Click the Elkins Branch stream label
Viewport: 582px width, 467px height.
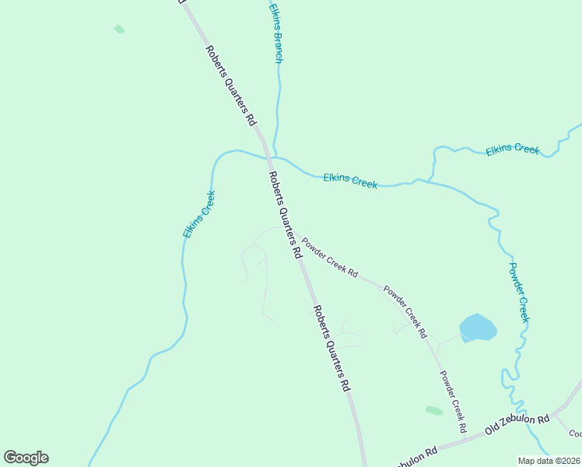click(275, 33)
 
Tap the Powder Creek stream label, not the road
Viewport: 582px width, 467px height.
click(519, 293)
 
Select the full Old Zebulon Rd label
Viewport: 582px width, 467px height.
click(517, 424)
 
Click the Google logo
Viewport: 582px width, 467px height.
click(26, 458)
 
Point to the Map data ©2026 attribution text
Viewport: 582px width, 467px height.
click(549, 461)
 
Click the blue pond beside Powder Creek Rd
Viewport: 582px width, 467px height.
click(478, 328)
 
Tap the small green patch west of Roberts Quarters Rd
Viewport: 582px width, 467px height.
click(119, 30)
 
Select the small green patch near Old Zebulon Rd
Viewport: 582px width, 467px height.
click(434, 410)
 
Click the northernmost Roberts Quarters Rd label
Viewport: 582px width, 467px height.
click(230, 86)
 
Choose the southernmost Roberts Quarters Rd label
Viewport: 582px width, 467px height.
click(332, 347)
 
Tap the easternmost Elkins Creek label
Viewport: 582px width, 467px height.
click(512, 149)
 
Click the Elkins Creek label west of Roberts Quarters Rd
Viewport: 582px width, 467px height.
click(199, 214)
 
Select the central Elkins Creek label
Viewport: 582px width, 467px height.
click(350, 181)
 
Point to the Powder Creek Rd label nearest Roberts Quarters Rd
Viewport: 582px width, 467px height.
click(330, 258)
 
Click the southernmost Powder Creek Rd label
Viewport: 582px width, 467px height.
click(452, 401)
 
